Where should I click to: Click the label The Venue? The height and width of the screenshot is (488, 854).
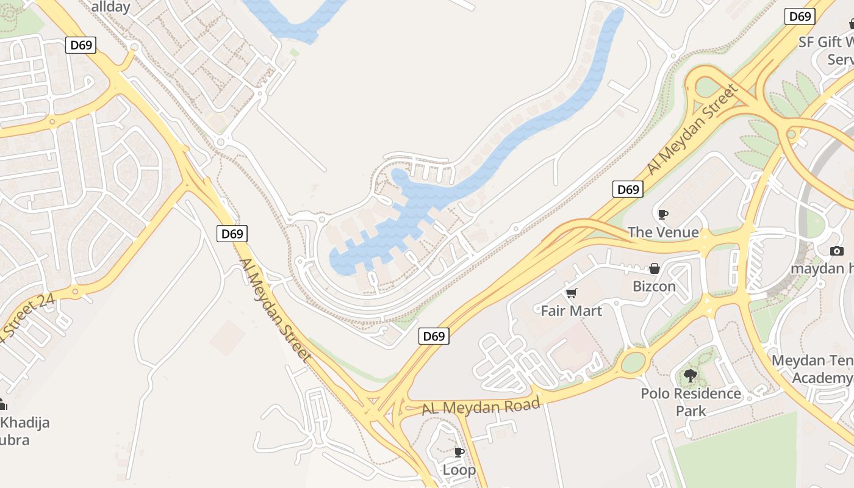[x=663, y=232]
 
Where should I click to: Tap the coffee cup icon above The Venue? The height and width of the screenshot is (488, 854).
[x=663, y=214]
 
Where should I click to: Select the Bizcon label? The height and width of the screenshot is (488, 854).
[x=654, y=286]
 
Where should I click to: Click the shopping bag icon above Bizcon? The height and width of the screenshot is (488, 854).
[x=655, y=268]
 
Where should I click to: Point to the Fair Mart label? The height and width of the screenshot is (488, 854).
[x=571, y=311]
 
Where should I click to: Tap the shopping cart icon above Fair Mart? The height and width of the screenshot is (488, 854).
[x=572, y=293]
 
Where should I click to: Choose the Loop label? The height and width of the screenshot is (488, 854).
[x=459, y=470]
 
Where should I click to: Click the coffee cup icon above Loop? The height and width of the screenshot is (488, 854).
[x=459, y=452]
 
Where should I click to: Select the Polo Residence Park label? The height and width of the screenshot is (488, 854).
[x=691, y=402]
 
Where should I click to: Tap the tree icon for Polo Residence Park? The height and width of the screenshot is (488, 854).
[x=691, y=376]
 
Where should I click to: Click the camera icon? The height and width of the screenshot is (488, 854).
[x=837, y=251]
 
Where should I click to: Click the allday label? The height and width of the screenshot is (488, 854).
[x=111, y=7]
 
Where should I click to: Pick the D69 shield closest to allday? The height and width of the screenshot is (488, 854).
[x=81, y=45]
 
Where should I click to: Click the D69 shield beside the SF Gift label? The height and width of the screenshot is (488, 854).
[x=800, y=16]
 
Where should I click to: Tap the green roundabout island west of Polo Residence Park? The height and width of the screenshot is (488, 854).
[x=634, y=363]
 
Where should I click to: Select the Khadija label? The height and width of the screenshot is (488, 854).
[x=24, y=423]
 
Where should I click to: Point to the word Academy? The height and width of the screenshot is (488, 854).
[x=822, y=378]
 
